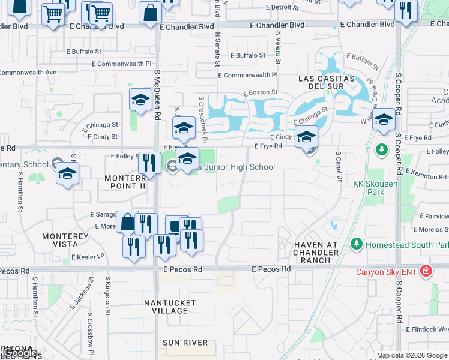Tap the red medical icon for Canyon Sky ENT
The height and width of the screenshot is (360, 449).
pos(426,271)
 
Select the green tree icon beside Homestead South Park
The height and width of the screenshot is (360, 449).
pos(357,244)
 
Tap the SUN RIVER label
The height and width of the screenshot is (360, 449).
pos(185,343)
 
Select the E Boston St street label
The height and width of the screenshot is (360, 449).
pos(260,92)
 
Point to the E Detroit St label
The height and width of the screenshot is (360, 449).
pos(285,7)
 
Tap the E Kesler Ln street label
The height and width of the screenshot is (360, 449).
pos(88,256)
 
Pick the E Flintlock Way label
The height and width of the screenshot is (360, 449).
pos(427,329)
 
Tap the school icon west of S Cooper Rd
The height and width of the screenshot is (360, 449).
pos(383,121)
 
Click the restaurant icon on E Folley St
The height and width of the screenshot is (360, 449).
pos(149,163)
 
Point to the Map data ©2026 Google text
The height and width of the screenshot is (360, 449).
pos(411,355)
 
